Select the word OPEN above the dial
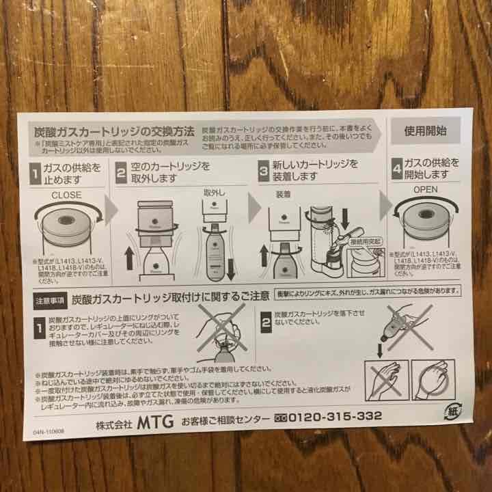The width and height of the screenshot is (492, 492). point(425,189)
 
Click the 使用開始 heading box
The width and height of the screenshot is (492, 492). point(426,130)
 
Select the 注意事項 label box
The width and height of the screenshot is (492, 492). point(49,300)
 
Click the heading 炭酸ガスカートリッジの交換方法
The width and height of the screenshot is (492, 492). point(115,131)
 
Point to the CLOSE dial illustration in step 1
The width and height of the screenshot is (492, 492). point(66,227)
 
